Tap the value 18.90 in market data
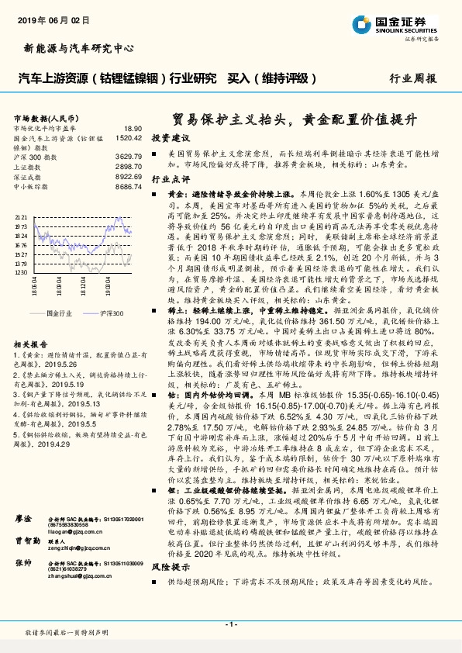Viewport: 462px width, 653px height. pyautogui.click(x=133, y=128)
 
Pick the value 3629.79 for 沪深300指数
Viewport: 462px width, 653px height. pyautogui.click(x=128, y=157)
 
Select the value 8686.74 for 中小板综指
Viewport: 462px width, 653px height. pyautogui.click(x=128, y=187)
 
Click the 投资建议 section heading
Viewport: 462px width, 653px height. pyautogui.click(x=168, y=137)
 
